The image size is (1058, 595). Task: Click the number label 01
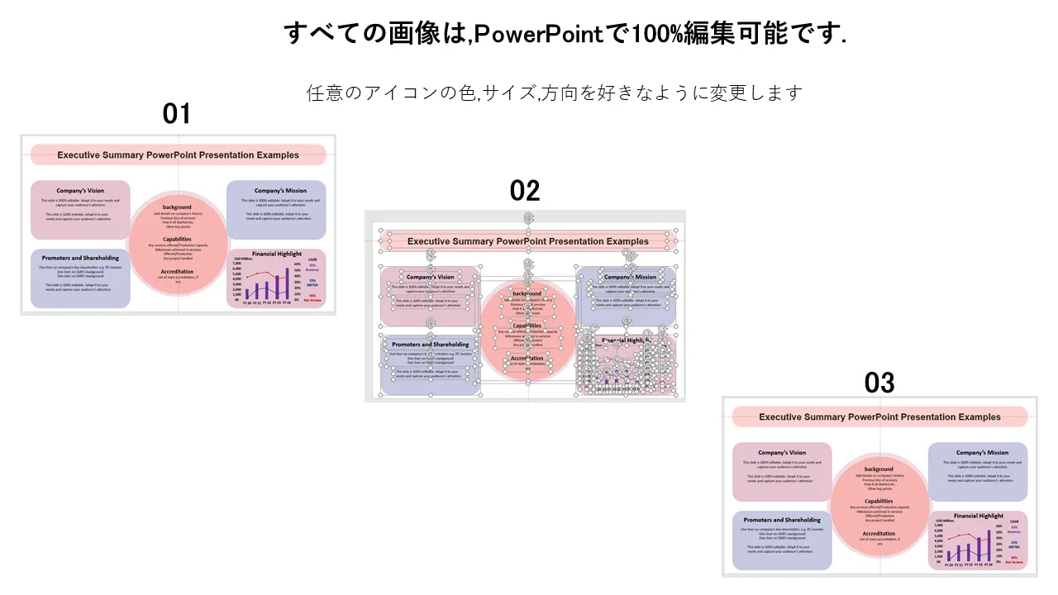pos(176,114)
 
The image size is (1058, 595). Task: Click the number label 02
pos(525,191)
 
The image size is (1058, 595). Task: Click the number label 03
pos(879,383)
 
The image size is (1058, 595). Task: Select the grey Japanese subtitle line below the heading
pos(555,93)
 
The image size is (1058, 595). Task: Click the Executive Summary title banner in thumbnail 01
pos(178,155)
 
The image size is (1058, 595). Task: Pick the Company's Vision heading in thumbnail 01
pos(80,191)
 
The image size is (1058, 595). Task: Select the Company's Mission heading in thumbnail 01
pos(280,191)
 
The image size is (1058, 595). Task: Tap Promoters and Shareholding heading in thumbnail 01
pos(80,258)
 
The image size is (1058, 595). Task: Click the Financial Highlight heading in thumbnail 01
pos(277,254)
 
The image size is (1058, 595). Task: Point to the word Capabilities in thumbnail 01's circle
pos(177,239)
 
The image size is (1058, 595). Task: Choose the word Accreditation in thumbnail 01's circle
pos(177,271)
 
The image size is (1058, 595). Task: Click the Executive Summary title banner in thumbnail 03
pos(879,417)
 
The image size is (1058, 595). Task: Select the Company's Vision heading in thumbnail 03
pos(782,453)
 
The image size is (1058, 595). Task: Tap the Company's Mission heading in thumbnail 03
pos(982,453)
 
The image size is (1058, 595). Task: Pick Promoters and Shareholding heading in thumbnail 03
pos(782,520)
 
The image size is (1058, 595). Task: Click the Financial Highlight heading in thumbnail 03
pos(979,516)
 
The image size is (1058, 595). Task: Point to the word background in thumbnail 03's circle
pos(879,469)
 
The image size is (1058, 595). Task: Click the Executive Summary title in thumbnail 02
pos(528,241)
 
